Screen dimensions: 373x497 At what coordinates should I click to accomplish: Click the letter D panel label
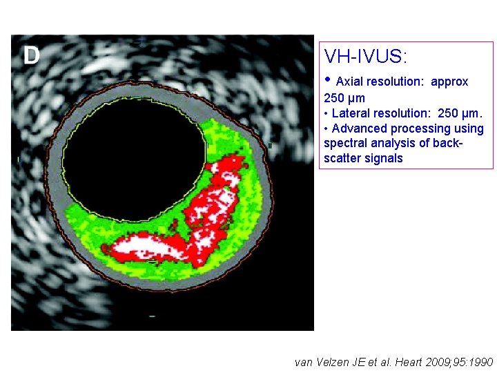[32, 55]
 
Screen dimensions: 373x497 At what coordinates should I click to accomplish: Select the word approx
[449, 82]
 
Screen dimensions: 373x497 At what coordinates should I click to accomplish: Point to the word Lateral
[351, 113]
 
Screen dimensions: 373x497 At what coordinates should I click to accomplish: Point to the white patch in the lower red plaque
[148, 245]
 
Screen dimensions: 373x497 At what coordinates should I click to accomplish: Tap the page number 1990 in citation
[480, 362]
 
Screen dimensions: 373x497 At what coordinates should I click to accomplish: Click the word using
[469, 128]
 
